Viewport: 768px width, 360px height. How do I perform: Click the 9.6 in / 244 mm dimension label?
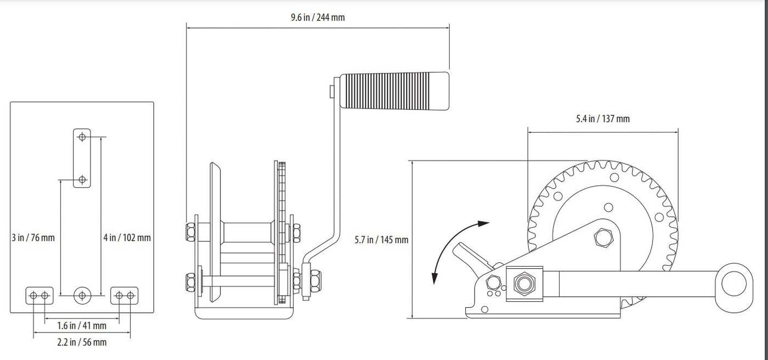pos(318,17)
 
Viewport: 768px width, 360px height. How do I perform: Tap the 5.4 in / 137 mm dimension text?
pos(602,119)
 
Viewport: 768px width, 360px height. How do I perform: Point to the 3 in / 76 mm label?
pos(33,238)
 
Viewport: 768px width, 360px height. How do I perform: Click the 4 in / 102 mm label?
pos(127,238)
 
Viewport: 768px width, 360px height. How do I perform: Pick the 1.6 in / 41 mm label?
pos(82,325)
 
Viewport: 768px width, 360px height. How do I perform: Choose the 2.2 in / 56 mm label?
pos(82,342)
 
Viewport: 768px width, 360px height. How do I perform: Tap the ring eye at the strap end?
pos(733,283)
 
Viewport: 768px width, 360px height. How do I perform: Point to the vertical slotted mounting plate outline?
pos(82,158)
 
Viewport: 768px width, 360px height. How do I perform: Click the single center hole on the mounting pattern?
pos(82,295)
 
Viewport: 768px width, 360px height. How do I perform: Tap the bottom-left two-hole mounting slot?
pos(39,295)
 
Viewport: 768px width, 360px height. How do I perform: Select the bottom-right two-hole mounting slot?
pos(125,295)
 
